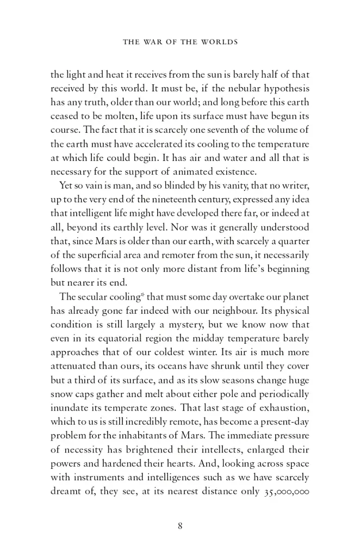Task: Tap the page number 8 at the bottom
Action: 179,525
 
